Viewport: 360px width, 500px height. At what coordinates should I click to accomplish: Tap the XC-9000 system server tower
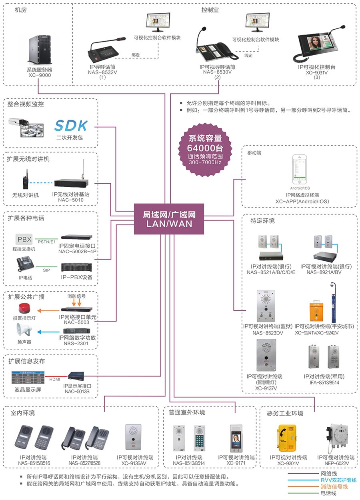[x=40, y=50]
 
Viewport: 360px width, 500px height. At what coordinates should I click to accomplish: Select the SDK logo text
[x=71, y=126]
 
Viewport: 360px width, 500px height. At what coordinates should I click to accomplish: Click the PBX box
[x=24, y=240]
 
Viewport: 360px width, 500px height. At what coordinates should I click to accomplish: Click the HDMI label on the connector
[x=55, y=378]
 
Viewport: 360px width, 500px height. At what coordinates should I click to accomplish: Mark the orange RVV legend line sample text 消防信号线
[x=334, y=486]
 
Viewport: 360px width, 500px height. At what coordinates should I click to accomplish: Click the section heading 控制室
[x=210, y=10]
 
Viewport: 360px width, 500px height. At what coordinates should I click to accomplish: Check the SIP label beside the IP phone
[x=46, y=270]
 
